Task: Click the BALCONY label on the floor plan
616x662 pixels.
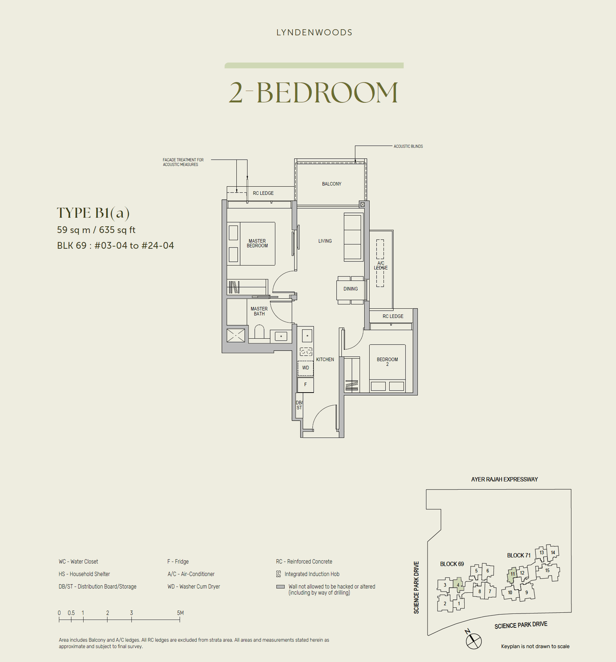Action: [331, 184]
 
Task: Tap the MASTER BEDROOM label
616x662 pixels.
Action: [257, 243]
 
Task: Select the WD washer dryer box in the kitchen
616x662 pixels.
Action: [305, 368]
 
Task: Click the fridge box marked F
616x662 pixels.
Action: [305, 384]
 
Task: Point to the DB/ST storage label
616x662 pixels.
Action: [299, 405]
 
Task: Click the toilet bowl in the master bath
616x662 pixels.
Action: [259, 332]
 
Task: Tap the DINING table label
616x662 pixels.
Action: [350, 289]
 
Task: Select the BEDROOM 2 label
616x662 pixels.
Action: [387, 361]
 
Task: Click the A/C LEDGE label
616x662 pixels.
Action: [380, 266]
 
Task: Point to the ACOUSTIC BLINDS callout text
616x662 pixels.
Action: [408, 146]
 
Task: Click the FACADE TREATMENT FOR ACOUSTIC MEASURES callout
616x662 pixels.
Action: [183, 162]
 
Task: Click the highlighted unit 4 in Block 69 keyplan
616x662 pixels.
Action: [458, 585]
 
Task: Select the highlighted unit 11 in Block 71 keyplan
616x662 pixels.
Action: [512, 574]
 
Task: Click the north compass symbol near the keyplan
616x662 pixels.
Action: [474, 641]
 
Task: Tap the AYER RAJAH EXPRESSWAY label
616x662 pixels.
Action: [504, 480]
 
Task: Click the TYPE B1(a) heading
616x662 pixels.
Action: [93, 213]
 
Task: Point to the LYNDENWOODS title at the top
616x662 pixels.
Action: [314, 33]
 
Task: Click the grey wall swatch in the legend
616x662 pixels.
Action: [280, 587]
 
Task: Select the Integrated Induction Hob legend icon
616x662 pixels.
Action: [279, 574]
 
